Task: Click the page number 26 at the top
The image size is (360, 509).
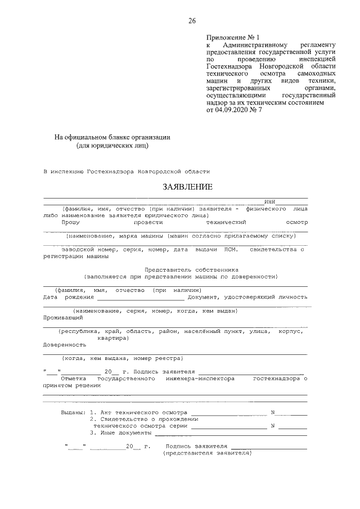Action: coord(192,21)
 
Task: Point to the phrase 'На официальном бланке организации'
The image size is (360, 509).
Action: coord(112,137)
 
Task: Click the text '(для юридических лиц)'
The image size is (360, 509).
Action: coord(112,146)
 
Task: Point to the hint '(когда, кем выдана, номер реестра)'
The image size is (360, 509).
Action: coord(121,358)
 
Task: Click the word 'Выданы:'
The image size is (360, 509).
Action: coord(73,412)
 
